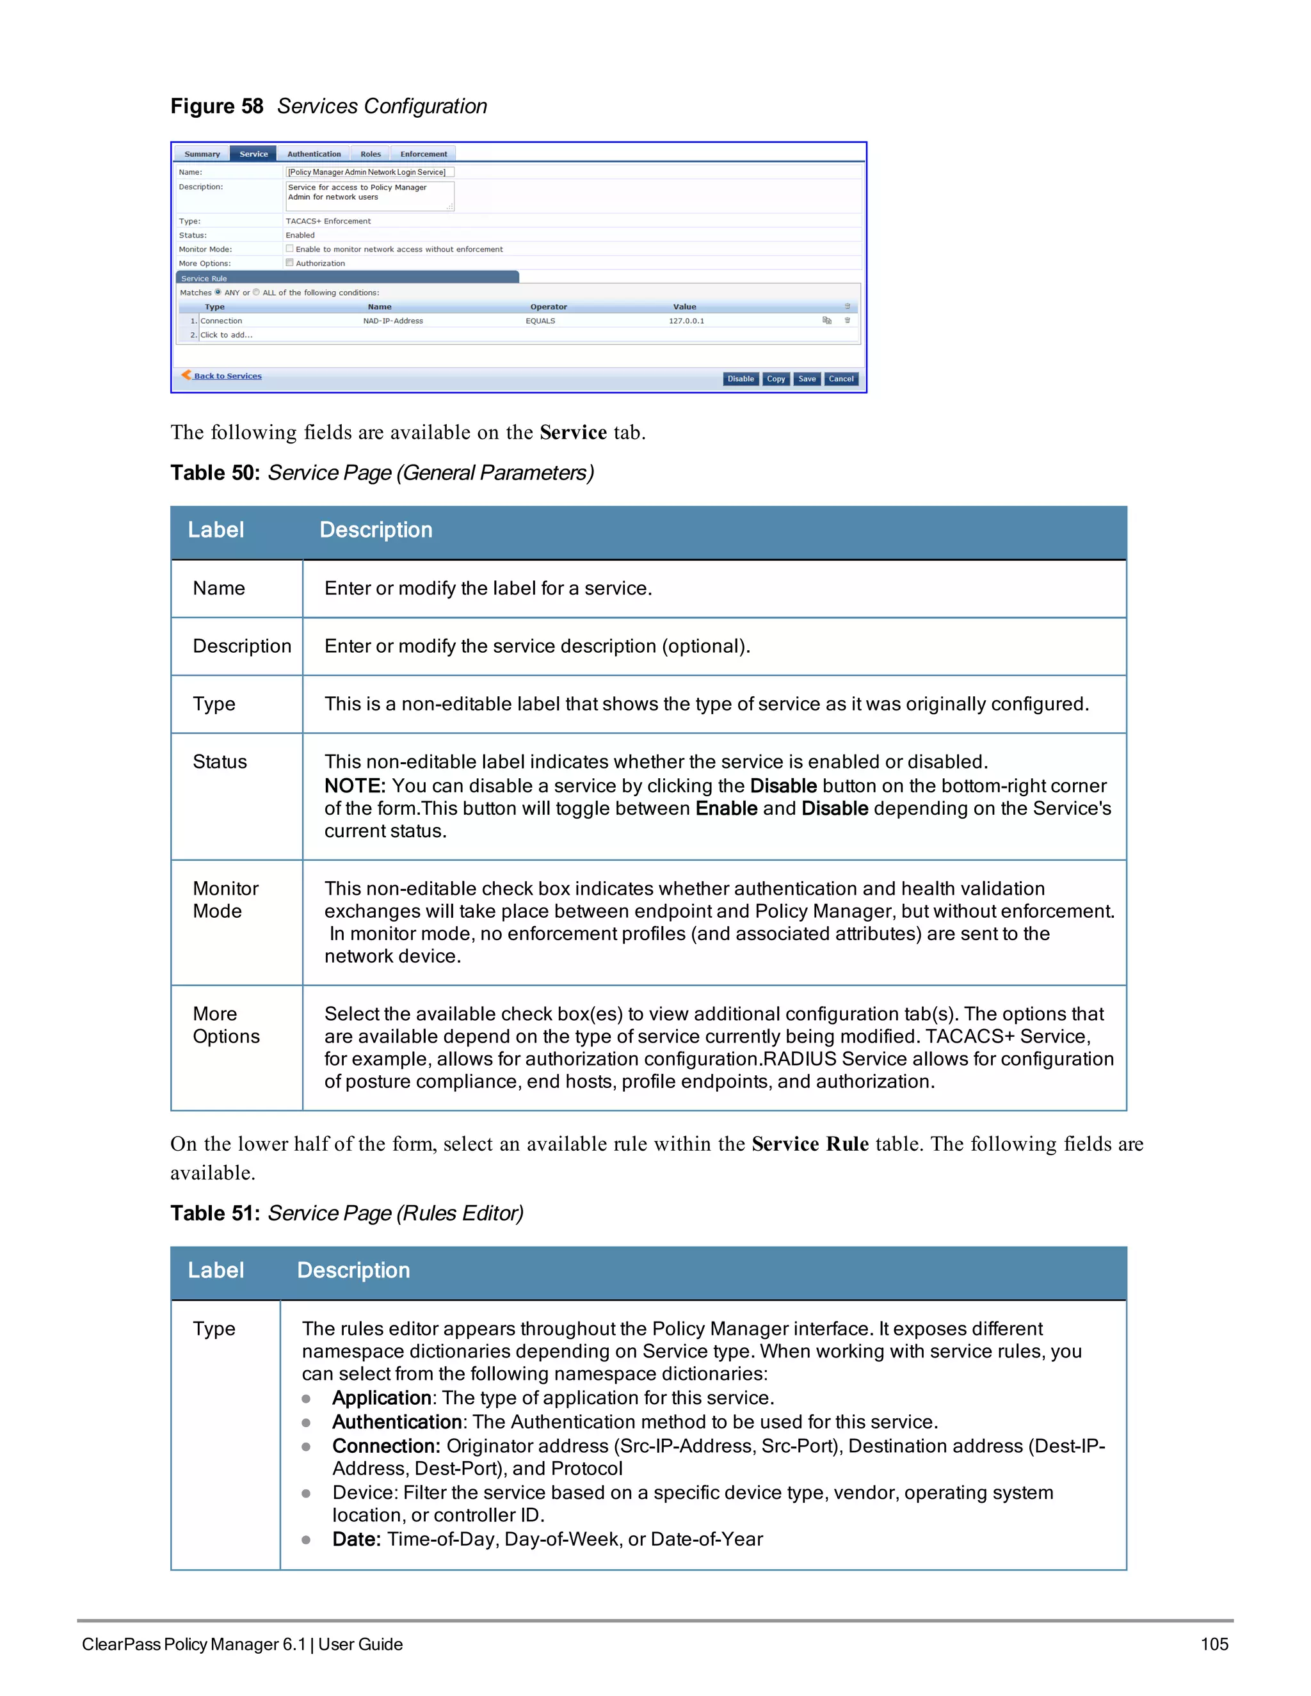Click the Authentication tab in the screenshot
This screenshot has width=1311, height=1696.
click(314, 154)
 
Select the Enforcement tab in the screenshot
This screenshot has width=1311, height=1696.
click(423, 154)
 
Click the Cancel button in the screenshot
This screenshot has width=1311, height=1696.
click(841, 379)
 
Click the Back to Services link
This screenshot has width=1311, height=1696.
click(227, 376)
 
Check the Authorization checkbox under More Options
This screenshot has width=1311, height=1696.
click(290, 262)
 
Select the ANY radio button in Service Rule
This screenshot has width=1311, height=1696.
click(218, 292)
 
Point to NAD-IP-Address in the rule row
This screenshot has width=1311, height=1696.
click(393, 321)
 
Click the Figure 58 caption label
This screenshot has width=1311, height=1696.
click(217, 106)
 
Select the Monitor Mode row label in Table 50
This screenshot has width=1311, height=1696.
click(225, 899)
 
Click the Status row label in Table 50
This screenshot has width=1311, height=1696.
click(220, 762)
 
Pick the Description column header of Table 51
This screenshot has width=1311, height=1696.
click(353, 1270)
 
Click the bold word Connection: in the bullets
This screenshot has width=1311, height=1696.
click(386, 1446)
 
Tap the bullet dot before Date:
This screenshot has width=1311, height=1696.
click(306, 1540)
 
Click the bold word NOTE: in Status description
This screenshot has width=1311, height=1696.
click(355, 786)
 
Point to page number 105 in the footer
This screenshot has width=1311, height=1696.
click(1214, 1644)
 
